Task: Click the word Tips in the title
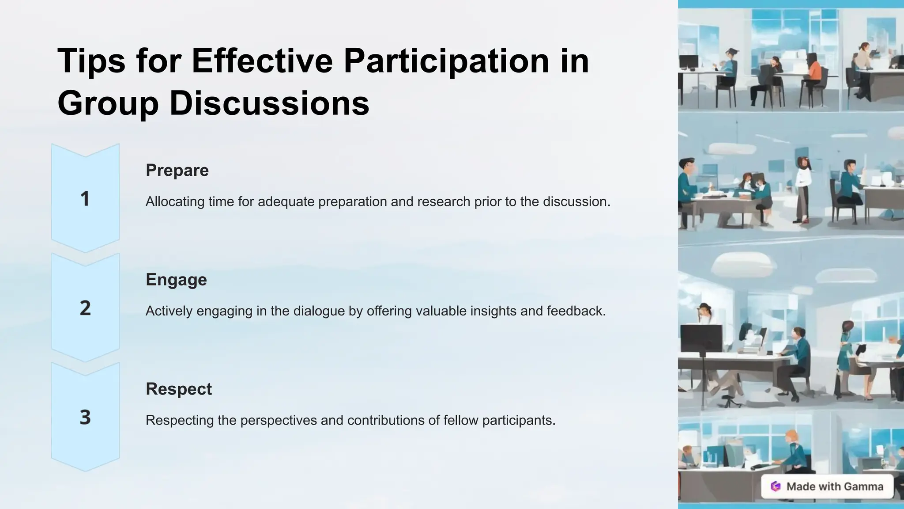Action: pos(91,61)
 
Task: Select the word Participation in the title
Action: pos(446,61)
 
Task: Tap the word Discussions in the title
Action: pos(269,103)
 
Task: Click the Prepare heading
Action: pos(177,170)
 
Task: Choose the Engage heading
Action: pos(176,280)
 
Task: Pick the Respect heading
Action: pos(179,389)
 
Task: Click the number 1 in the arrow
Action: pos(85,199)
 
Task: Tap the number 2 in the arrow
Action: pos(85,308)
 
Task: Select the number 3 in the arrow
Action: pos(85,417)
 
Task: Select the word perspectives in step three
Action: pos(279,420)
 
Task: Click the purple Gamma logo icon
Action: pos(776,486)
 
